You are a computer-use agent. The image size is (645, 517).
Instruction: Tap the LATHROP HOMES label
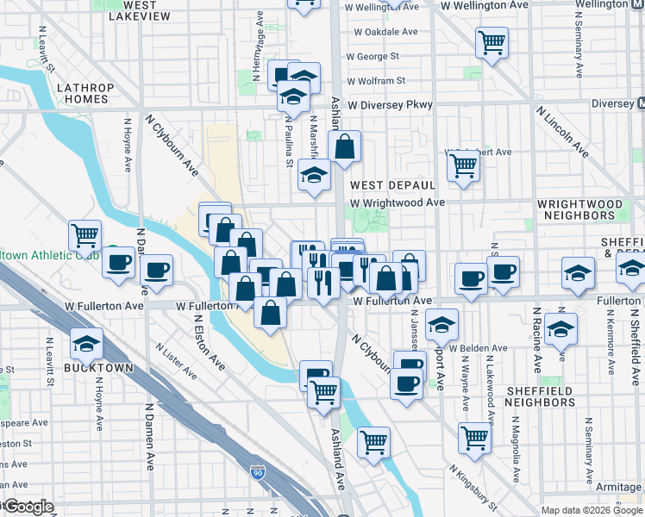click(x=85, y=93)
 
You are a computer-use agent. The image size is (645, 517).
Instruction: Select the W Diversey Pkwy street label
click(x=390, y=105)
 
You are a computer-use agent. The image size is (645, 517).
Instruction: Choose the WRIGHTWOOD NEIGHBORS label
click(x=579, y=209)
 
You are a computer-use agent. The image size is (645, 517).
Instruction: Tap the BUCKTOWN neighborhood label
click(x=98, y=368)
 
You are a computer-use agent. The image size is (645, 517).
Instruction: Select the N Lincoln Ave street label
click(x=562, y=132)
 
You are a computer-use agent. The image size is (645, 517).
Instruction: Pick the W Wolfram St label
click(x=376, y=81)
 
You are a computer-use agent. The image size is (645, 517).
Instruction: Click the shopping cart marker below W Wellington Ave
click(x=491, y=42)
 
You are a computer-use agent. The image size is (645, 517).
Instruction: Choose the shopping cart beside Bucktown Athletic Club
click(x=85, y=234)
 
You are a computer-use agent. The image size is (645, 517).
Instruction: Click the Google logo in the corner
click(x=28, y=508)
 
